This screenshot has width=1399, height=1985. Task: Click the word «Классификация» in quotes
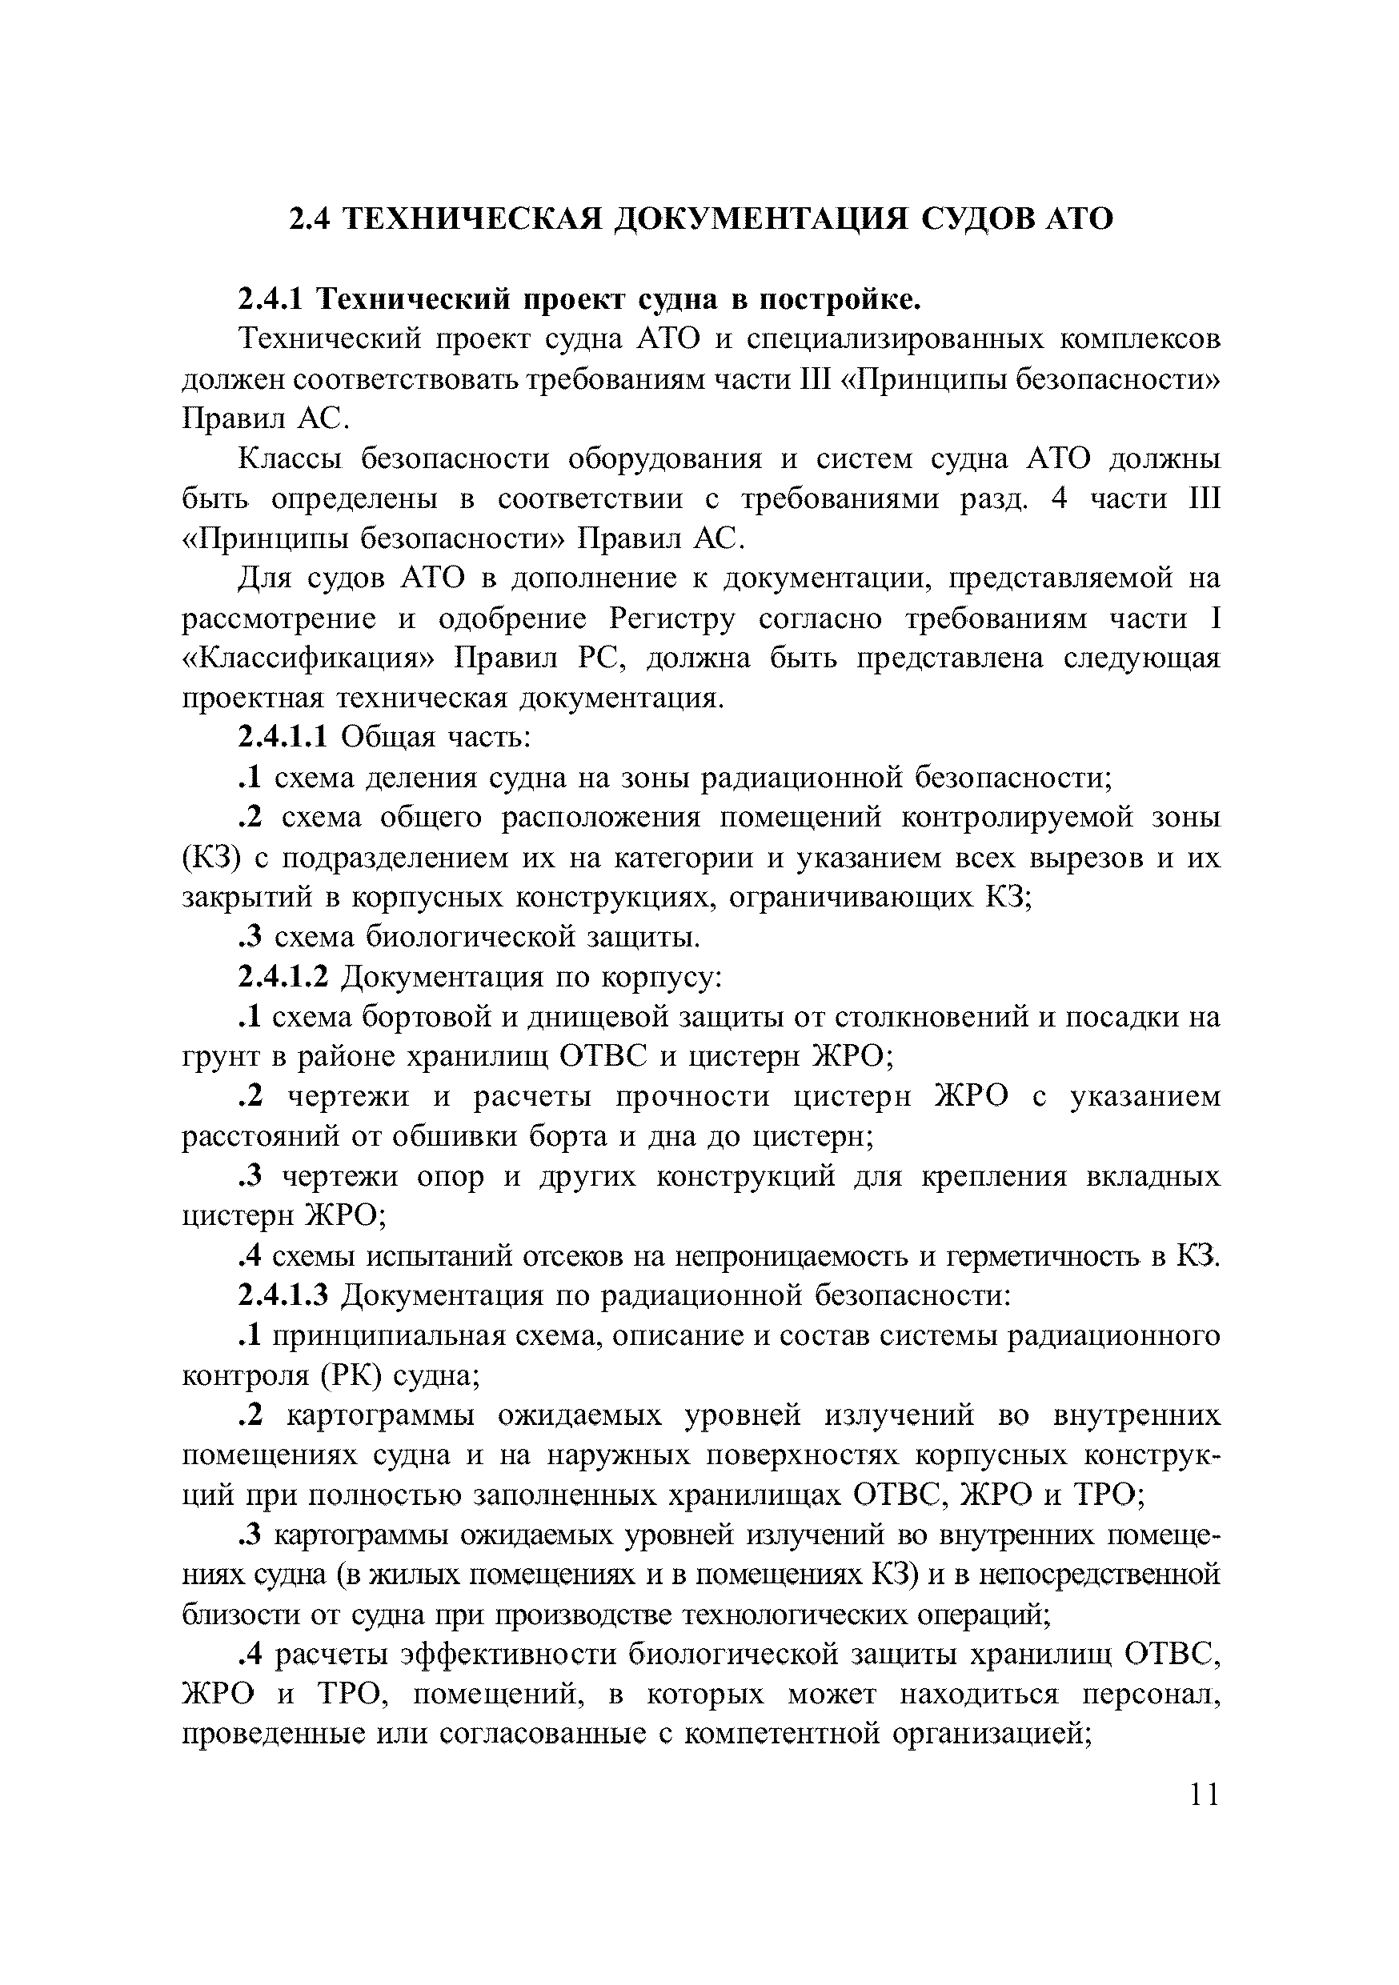[310, 658]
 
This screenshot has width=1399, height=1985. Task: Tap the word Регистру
[671, 619]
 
